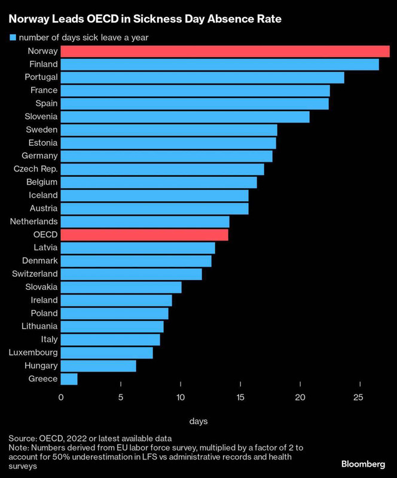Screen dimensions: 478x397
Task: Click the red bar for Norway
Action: click(225, 51)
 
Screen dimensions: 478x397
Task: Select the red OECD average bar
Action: click(144, 234)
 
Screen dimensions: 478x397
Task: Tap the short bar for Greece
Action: click(69, 379)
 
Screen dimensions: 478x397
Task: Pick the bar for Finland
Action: click(219, 65)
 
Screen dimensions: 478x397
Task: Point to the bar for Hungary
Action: click(98, 366)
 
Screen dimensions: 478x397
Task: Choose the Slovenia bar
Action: click(185, 117)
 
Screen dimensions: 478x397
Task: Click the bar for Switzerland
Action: click(131, 274)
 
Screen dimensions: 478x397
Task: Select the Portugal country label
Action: click(41, 77)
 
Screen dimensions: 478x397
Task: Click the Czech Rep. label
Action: click(35, 169)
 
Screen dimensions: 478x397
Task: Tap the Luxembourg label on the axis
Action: click(33, 353)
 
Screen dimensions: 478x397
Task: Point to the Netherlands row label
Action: click(34, 222)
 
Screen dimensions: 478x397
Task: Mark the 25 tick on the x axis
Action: click(358, 398)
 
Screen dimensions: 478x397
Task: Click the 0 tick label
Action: click(61, 398)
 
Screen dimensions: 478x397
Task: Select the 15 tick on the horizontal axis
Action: click(240, 398)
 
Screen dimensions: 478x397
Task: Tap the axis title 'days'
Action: click(198, 422)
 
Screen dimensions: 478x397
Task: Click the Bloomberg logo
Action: click(362, 464)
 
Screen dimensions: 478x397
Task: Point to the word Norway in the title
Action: click(27, 19)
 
